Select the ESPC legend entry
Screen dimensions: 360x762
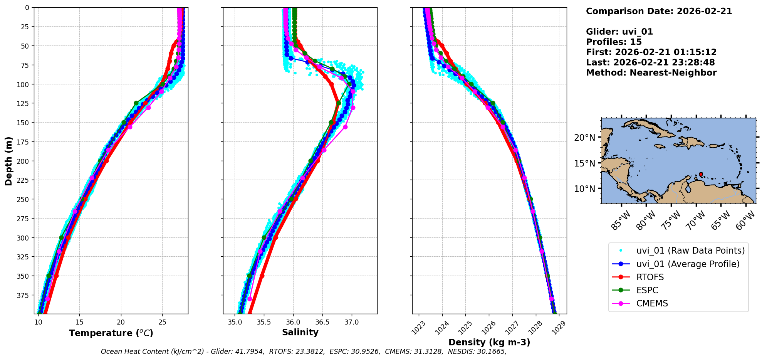[x=647, y=290]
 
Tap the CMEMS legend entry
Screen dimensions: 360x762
[x=652, y=303]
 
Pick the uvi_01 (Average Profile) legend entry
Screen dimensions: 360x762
[x=688, y=264]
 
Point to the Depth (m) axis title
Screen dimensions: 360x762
[x=8, y=161]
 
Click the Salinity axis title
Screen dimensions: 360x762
[x=300, y=332]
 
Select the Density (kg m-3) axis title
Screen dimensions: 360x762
[x=489, y=342]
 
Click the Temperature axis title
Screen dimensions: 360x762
[x=111, y=333]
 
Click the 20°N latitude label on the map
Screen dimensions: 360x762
[x=584, y=138]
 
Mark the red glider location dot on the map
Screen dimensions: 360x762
[x=701, y=174]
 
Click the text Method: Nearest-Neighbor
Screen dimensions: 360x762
[x=651, y=73]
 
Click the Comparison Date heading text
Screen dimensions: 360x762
[x=659, y=11]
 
